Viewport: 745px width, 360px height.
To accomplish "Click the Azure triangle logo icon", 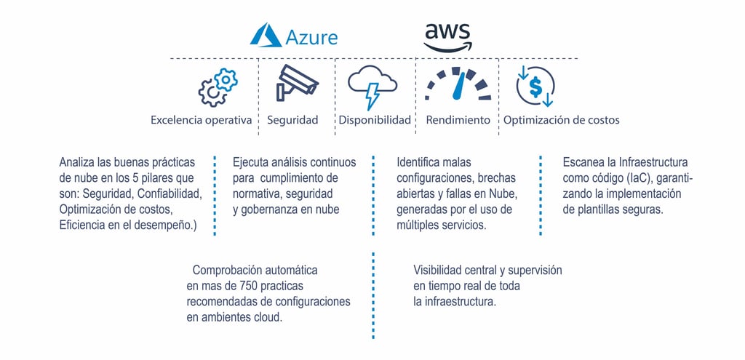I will [x=266, y=36].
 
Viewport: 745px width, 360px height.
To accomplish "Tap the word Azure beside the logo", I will [x=311, y=37].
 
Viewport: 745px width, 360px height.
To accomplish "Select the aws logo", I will [x=447, y=37].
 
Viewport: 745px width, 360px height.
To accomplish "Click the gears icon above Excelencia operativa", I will [x=218, y=87].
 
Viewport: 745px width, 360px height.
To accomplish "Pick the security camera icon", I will [x=296, y=84].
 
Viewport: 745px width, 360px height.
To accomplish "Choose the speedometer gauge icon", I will [x=458, y=85].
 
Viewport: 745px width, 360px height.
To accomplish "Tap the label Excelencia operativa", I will [x=202, y=120].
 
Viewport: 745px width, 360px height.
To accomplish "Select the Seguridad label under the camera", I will [x=292, y=120].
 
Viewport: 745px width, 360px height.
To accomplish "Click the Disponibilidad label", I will [x=375, y=120].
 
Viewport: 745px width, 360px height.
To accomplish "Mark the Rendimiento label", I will [x=458, y=120].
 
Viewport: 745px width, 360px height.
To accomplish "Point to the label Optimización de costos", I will [x=562, y=120].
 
